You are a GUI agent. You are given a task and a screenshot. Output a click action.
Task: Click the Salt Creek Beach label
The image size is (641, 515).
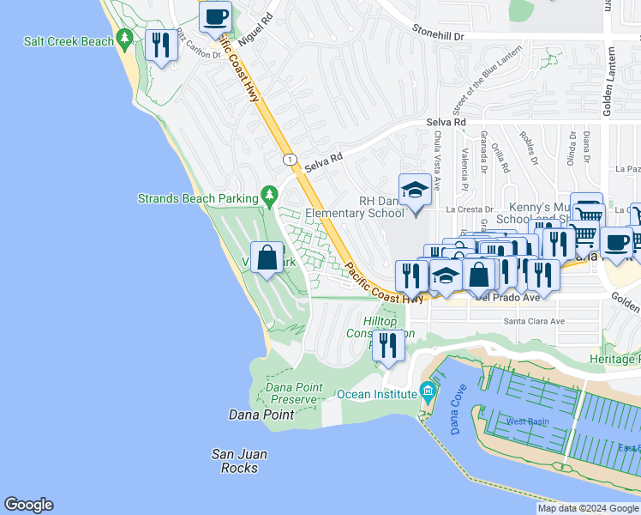pyautogui.click(x=69, y=41)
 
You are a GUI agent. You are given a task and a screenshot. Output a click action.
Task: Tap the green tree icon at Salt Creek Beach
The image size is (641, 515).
pyautogui.click(x=125, y=39)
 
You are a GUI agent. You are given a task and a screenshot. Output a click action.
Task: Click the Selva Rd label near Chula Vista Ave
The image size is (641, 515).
pyautogui.click(x=446, y=123)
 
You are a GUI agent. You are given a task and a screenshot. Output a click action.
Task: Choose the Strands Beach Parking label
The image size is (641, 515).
pyautogui.click(x=198, y=198)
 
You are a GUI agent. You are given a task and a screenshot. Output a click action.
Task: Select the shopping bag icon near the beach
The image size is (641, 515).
pyautogui.click(x=267, y=257)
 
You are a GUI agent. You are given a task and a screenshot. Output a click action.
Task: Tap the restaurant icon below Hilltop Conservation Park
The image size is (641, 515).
pyautogui.click(x=388, y=345)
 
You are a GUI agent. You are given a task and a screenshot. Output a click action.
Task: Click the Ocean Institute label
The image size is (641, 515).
pyautogui.click(x=377, y=394)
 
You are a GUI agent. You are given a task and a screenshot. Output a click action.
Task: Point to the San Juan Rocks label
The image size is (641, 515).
pyautogui.click(x=240, y=461)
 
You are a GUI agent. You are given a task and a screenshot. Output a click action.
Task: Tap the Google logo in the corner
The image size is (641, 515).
pyautogui.click(x=28, y=505)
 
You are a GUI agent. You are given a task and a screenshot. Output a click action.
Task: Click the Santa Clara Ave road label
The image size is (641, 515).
pyautogui.click(x=534, y=321)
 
